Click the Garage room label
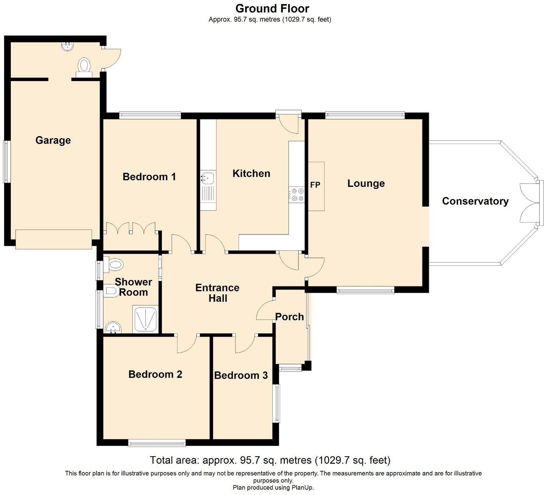[53, 140]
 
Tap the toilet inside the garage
[84, 66]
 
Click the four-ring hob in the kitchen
[297, 195]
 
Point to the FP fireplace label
[315, 185]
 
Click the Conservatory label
[475, 201]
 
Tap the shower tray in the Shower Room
[145, 319]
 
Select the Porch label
[290, 317]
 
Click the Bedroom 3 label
[241, 375]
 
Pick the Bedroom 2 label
[155, 374]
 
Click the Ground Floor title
[272, 8]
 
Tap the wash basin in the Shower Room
[113, 327]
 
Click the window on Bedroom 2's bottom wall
[157, 443]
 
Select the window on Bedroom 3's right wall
[276, 403]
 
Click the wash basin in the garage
[68, 46]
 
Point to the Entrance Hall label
[217, 293]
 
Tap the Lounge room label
[366, 183]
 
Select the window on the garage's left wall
[7, 162]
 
